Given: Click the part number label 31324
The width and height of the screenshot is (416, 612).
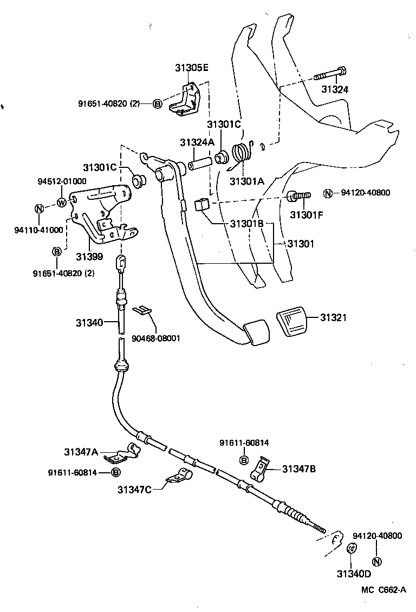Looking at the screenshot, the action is click(335, 89).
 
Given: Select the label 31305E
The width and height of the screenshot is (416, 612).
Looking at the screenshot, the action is click(192, 68).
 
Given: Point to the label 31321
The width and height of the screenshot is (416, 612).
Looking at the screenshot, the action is click(333, 317).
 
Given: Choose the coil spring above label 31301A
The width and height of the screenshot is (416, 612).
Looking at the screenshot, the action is click(243, 154).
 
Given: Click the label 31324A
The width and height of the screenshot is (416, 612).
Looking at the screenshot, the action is click(197, 142).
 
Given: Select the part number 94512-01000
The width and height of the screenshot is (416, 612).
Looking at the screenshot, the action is click(62, 181).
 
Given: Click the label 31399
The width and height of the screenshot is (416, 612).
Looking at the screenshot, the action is click(89, 256).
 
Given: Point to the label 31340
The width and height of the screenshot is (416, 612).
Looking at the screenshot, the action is click(89, 322).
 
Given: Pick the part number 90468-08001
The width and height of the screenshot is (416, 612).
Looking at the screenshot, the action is click(156, 338).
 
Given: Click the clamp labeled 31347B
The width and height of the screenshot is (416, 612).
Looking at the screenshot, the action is click(259, 470).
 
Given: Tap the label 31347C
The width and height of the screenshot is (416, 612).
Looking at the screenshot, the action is click(134, 490).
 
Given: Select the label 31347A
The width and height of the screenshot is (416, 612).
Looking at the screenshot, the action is click(81, 452).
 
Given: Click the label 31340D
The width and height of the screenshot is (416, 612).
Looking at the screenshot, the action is click(354, 574).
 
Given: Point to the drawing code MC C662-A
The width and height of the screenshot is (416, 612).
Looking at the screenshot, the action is click(383, 589).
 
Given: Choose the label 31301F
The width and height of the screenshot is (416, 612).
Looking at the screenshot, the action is click(307, 214).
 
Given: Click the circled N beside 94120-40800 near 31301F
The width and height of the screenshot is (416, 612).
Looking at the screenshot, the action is click(328, 193).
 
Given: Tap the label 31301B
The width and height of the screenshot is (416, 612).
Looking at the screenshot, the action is click(246, 224).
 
